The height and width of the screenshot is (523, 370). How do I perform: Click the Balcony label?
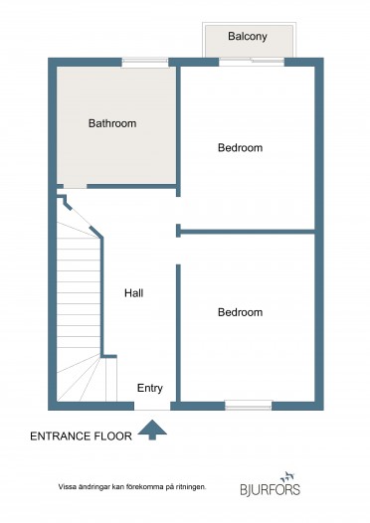248,37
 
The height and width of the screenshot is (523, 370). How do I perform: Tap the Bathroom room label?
112,123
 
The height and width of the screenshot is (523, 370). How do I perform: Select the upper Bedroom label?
241,148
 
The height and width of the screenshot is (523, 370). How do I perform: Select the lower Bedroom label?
241,312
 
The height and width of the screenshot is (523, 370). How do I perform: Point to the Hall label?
134,293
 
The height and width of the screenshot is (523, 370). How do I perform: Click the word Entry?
150,388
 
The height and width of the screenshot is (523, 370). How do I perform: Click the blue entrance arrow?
152,430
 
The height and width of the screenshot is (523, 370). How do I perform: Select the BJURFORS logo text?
271,489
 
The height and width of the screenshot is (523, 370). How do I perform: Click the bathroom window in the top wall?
145,63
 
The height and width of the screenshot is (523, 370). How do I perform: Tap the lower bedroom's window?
249,406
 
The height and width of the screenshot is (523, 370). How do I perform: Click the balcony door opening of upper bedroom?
252,62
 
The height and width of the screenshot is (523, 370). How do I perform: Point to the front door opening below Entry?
152,406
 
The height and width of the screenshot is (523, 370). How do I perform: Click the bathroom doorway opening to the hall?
75,186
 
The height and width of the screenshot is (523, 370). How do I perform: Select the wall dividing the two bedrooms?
248,232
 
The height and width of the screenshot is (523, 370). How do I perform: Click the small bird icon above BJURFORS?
286,477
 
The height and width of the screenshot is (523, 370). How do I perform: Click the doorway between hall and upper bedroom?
178,211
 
